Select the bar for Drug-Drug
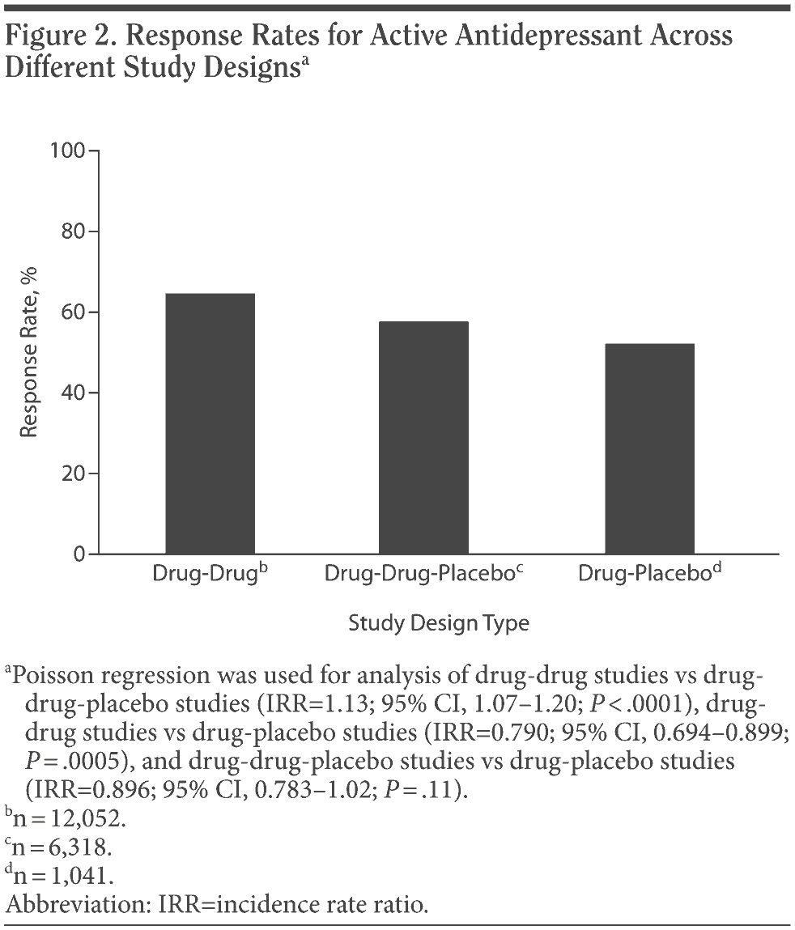pos(210,423)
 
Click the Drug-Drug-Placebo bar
pos(423,437)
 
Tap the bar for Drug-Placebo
pos(649,448)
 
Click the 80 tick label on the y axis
pos(74,232)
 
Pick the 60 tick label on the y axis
pos(74,312)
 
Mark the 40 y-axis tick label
pos(74,393)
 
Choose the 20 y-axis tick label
pos(74,473)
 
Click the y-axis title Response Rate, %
pos(30,353)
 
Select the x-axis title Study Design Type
pos(439,623)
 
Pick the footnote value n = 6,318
pos(63,847)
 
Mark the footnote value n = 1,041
pos(63,876)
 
